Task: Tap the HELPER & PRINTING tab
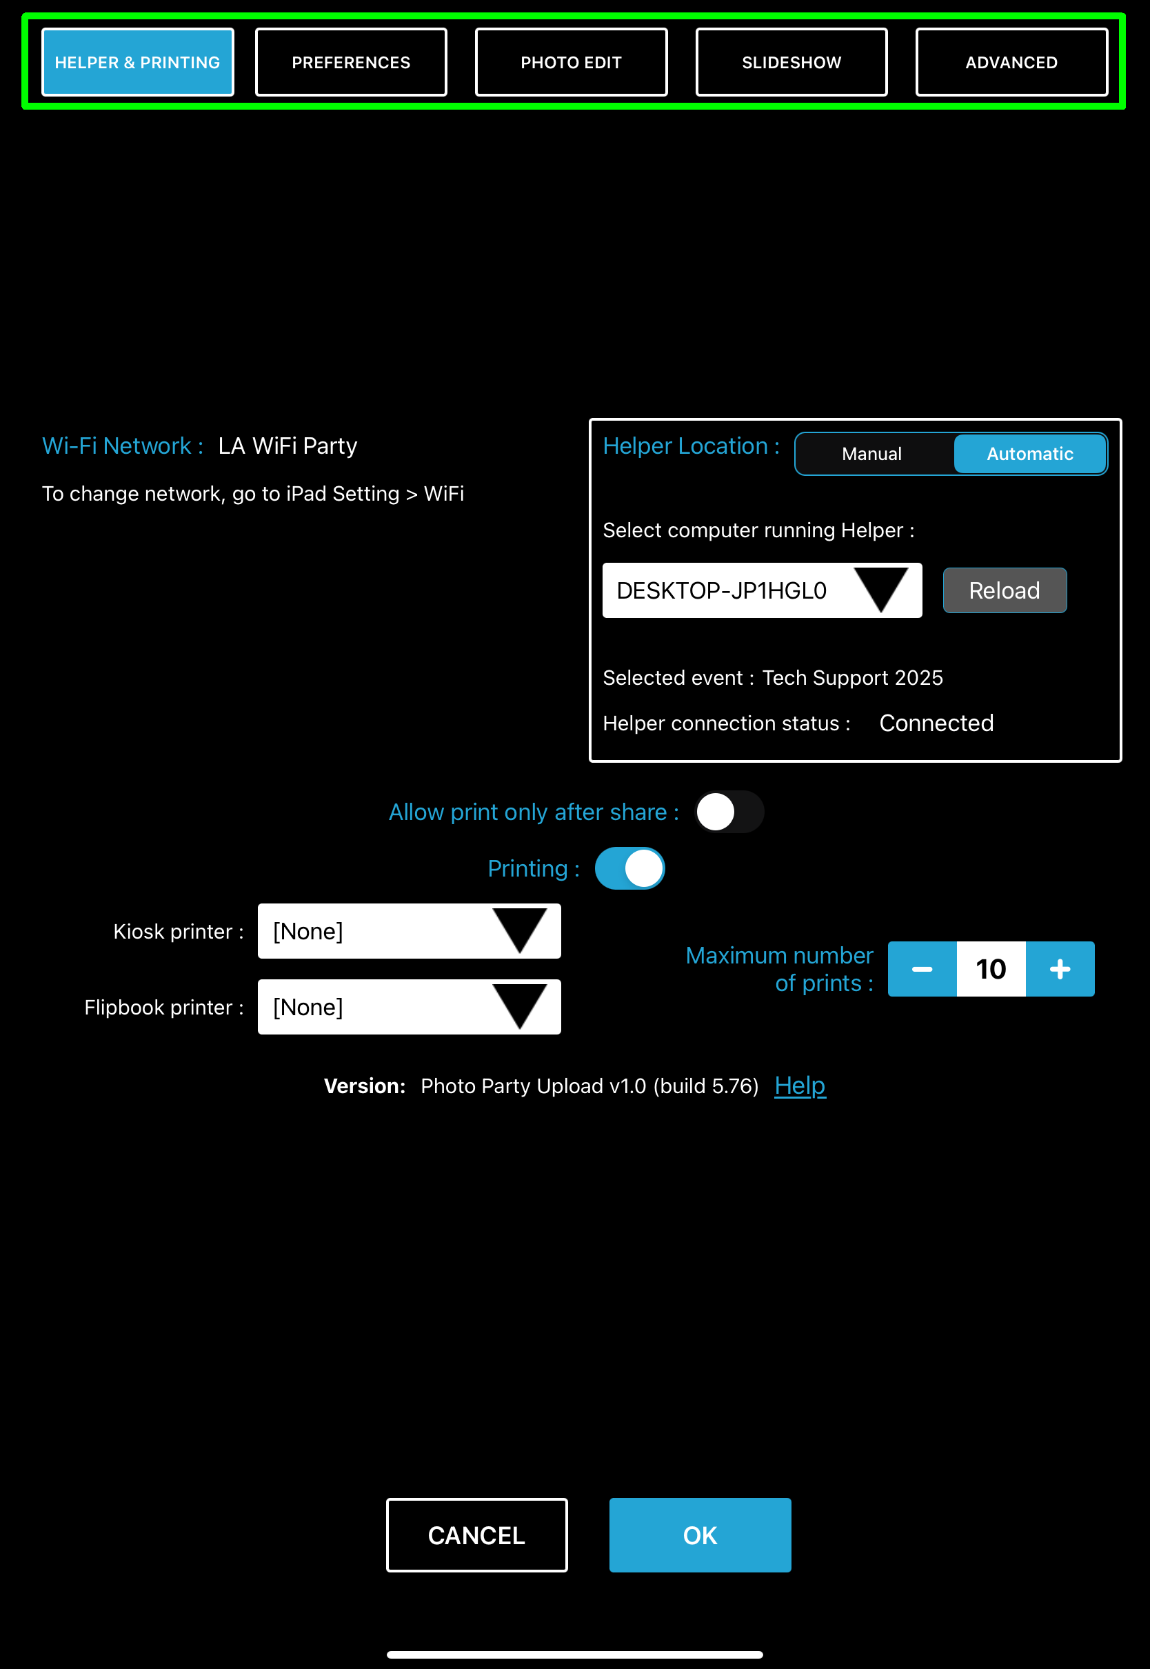pyautogui.click(x=138, y=63)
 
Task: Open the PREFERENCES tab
pyautogui.click(x=351, y=63)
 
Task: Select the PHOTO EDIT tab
pyautogui.click(x=571, y=63)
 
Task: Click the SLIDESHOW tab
pyautogui.click(x=791, y=63)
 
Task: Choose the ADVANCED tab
pyautogui.click(x=1011, y=63)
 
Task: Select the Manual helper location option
pyautogui.click(x=872, y=454)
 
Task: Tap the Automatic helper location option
pyautogui.click(x=1029, y=454)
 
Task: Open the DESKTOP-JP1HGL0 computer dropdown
pyautogui.click(x=762, y=591)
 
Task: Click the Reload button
pyautogui.click(x=1005, y=591)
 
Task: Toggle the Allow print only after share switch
pyautogui.click(x=729, y=812)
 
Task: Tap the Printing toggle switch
pyautogui.click(x=629, y=868)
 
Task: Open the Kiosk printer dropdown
pyautogui.click(x=410, y=931)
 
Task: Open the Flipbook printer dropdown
pyautogui.click(x=410, y=1007)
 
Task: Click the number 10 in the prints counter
pyautogui.click(x=991, y=969)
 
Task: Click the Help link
pyautogui.click(x=800, y=1086)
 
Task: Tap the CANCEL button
pyautogui.click(x=476, y=1535)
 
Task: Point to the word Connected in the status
pyautogui.click(x=936, y=723)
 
